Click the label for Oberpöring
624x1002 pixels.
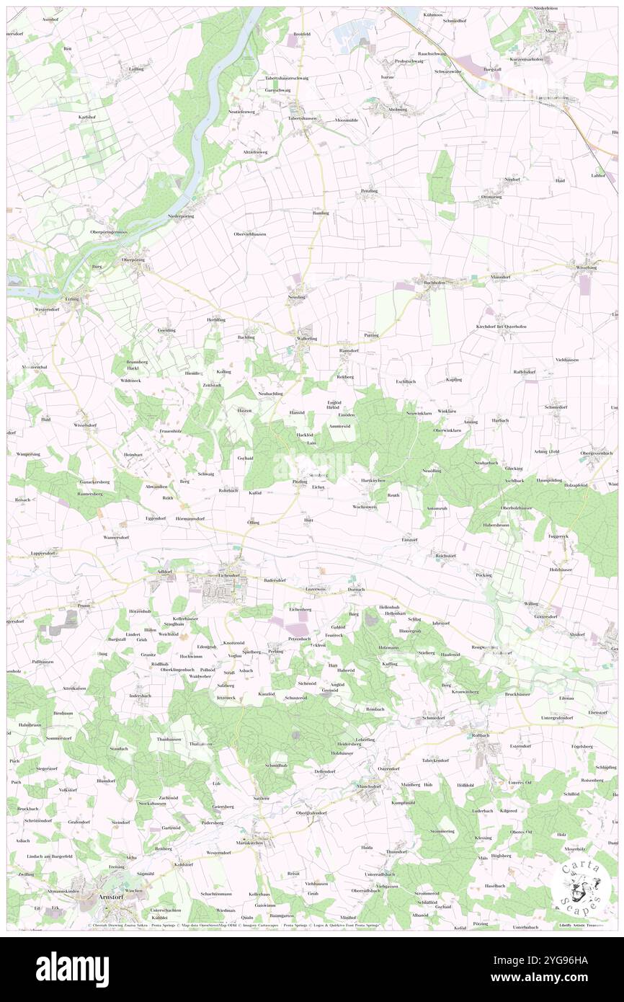click(133, 260)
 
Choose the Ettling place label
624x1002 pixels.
click(72, 297)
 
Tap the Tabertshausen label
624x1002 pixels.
click(303, 118)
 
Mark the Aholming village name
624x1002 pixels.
click(398, 109)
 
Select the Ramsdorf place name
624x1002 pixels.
click(349, 351)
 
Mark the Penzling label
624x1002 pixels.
click(369, 190)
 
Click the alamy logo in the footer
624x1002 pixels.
click(72, 969)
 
